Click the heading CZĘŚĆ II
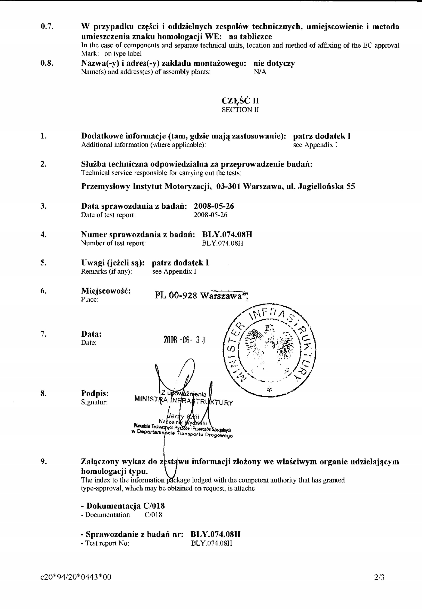click(x=240, y=101)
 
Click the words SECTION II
click(x=240, y=110)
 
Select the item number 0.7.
click(x=47, y=27)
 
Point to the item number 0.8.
click(x=47, y=64)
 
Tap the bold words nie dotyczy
click(x=274, y=64)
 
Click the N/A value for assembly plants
click(x=260, y=72)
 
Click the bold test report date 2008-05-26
click(x=214, y=206)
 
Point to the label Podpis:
click(x=95, y=393)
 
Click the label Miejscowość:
click(x=106, y=291)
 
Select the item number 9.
click(x=44, y=462)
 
